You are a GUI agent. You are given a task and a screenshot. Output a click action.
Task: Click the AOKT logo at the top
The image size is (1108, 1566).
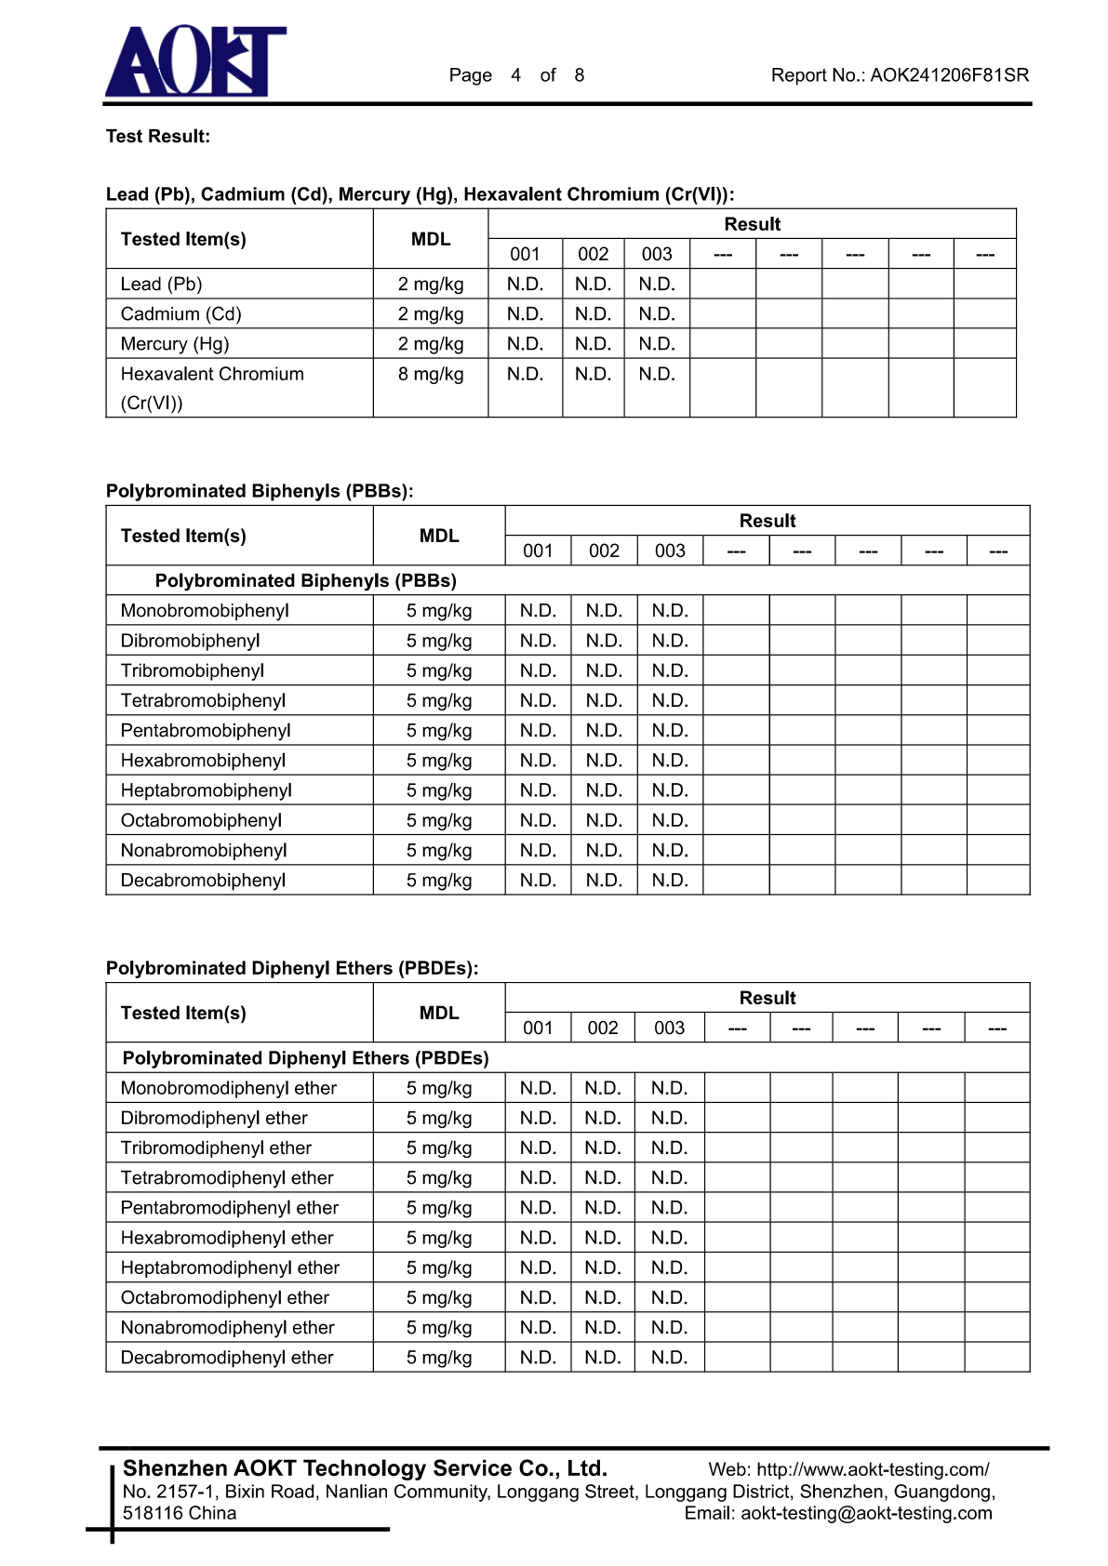(195, 61)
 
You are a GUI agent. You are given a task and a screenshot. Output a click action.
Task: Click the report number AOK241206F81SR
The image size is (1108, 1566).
(949, 75)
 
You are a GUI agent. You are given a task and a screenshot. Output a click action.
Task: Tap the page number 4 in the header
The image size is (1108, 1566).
(515, 75)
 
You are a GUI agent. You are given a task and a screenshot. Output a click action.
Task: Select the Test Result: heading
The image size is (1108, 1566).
(158, 137)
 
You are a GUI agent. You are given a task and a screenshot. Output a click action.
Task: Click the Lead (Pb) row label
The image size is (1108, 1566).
(161, 285)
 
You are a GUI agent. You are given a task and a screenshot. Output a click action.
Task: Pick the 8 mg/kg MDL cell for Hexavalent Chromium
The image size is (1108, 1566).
(431, 375)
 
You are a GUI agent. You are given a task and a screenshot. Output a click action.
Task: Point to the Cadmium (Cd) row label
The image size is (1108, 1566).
(180, 314)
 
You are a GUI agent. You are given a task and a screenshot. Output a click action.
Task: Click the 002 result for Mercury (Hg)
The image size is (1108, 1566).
(593, 344)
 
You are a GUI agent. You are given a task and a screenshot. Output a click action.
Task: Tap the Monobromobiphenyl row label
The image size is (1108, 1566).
(205, 611)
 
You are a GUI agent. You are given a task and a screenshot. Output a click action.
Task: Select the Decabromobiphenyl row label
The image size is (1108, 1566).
(203, 881)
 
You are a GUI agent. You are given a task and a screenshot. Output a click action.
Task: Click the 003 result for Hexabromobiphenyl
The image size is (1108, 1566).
(670, 761)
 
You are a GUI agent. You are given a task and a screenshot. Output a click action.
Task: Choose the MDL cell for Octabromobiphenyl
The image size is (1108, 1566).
(439, 821)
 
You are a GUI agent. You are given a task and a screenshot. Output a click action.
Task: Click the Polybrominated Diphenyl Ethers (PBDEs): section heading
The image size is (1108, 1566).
(292, 968)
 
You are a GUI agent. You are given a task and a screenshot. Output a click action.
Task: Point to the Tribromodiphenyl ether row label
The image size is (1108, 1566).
(216, 1148)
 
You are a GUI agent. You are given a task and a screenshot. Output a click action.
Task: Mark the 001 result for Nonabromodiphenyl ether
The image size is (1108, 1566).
(538, 1328)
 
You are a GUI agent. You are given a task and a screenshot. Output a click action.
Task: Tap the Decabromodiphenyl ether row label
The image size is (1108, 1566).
(227, 1358)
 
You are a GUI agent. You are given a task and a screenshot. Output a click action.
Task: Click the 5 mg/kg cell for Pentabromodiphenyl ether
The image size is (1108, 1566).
(439, 1208)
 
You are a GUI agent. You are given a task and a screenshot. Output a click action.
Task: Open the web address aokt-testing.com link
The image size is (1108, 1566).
(873, 1469)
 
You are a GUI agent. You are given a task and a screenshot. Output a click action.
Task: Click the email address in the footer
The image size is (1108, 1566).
(866, 1513)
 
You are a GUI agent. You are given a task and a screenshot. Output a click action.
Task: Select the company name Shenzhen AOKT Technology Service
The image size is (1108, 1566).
(365, 1468)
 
